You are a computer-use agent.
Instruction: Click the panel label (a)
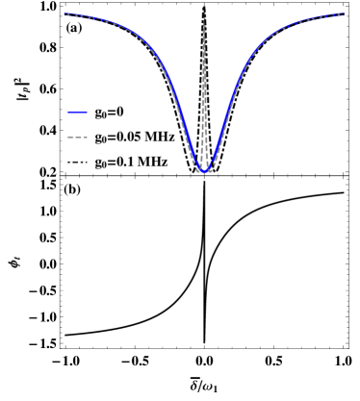coord(74,29)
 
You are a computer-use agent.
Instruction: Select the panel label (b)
coord(72,189)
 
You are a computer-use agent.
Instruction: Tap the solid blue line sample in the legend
coord(77,113)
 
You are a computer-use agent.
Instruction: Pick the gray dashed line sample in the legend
coord(77,138)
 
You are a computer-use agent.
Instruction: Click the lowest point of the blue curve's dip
coord(204,170)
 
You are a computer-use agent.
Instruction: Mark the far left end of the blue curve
coord(64,14)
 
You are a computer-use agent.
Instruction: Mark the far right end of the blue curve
coord(344,14)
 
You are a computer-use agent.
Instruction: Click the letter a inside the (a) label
coord(74,29)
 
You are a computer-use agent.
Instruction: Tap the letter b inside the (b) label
coord(73,189)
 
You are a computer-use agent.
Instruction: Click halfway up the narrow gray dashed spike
coord(204,88)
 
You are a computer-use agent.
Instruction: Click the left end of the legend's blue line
coord(67,113)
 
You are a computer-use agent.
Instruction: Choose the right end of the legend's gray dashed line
coord(88,138)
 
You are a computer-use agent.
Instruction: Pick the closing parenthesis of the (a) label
coord(81,29)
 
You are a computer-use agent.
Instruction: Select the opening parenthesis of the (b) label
coord(66,189)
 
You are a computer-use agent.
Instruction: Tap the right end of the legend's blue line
coord(88,113)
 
